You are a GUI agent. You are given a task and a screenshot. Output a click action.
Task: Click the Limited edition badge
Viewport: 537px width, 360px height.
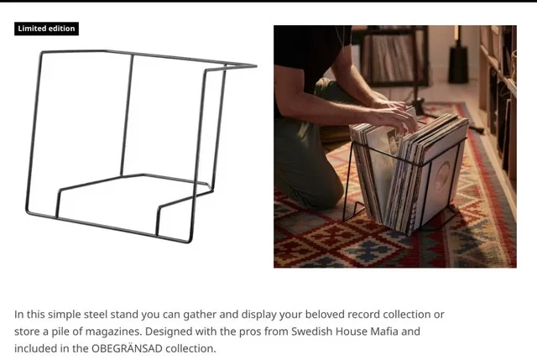click(47, 29)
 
